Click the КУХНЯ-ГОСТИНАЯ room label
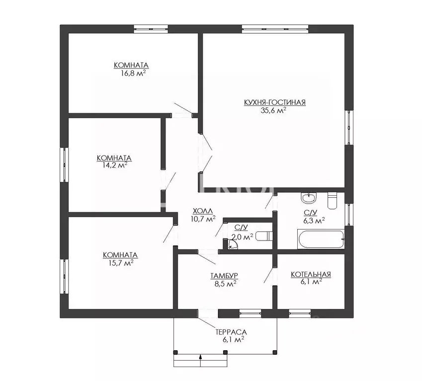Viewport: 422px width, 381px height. click(x=274, y=103)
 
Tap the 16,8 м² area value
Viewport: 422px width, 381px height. click(x=131, y=73)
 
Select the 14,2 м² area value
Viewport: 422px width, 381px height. click(x=114, y=165)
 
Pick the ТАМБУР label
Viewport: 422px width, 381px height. click(x=223, y=276)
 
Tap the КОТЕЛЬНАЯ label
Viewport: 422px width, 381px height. click(x=311, y=274)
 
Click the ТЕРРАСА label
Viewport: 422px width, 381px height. click(x=231, y=332)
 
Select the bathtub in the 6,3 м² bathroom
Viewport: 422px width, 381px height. click(x=321, y=239)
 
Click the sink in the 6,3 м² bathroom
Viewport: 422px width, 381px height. click(x=308, y=199)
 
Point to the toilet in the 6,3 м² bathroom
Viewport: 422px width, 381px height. click(x=333, y=201)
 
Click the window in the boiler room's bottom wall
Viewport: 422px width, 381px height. click(x=300, y=313)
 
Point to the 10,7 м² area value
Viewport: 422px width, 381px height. click(x=203, y=219)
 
